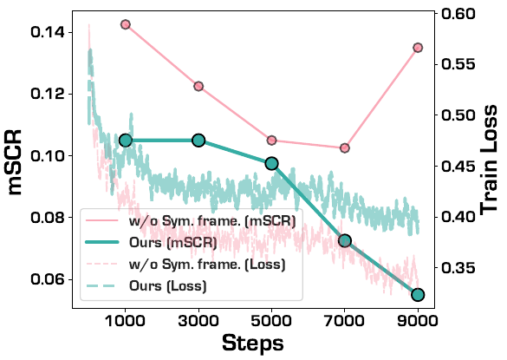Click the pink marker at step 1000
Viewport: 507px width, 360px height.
(x=125, y=24)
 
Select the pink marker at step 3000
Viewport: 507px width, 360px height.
(x=198, y=86)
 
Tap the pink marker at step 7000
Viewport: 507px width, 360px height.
(x=345, y=148)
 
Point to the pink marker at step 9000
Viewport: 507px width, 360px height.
(x=418, y=48)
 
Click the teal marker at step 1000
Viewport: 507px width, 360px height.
(x=125, y=140)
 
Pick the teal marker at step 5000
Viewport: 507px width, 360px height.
(x=271, y=163)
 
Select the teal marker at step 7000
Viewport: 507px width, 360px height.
(x=345, y=240)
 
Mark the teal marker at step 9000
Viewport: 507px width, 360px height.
(x=418, y=295)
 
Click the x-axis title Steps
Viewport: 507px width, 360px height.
(x=252, y=343)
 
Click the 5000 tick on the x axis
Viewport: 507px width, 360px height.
(x=271, y=318)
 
